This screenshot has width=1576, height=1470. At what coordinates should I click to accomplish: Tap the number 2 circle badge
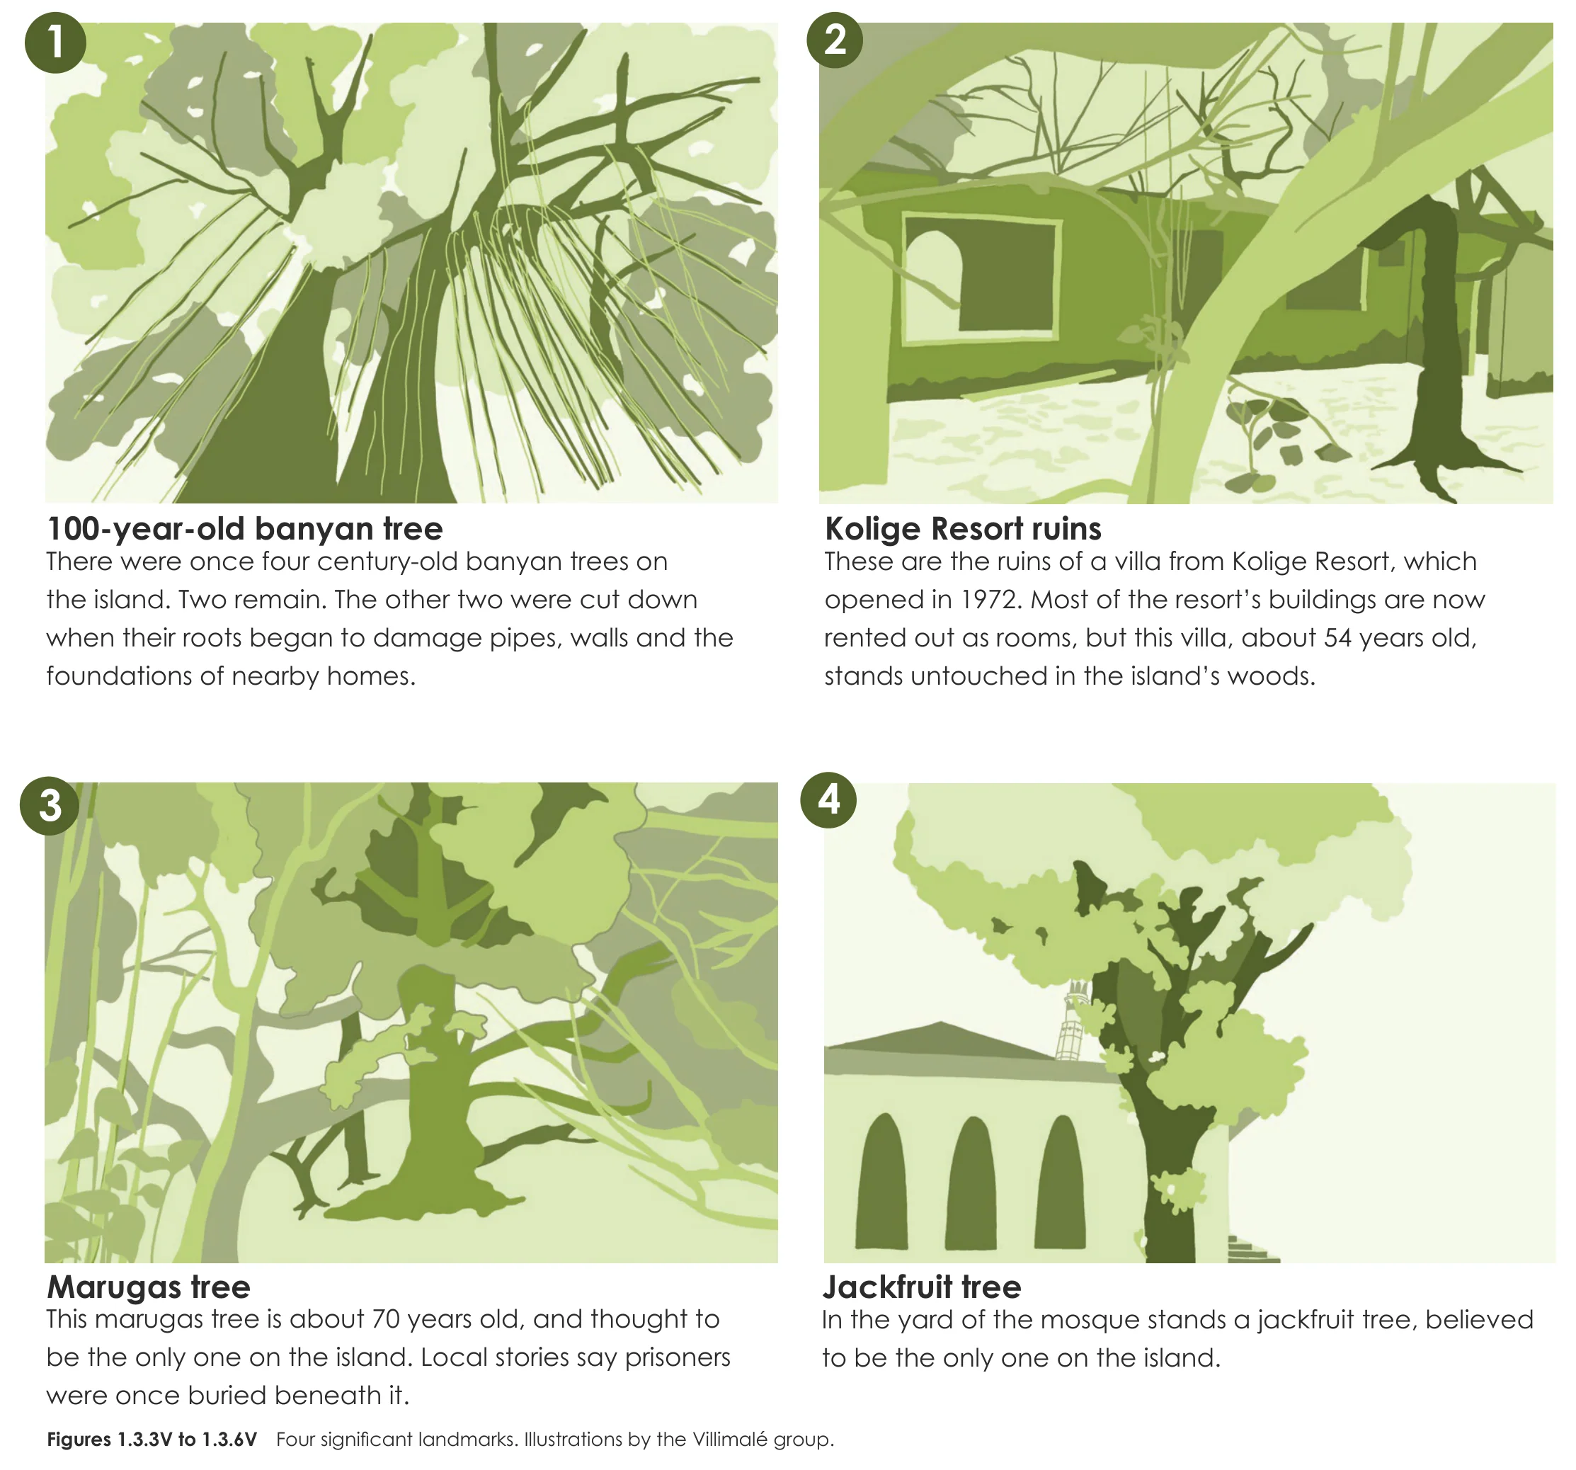point(835,40)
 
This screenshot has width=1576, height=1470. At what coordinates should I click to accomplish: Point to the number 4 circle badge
point(828,800)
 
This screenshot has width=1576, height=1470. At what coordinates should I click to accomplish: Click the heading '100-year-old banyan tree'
point(245,529)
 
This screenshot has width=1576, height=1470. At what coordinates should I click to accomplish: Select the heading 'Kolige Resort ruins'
point(963,529)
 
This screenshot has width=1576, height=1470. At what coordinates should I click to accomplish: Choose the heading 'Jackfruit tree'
point(922,1287)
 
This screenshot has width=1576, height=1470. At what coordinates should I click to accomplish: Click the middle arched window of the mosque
point(971,1183)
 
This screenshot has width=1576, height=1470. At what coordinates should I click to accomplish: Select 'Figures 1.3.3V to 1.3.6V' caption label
point(152,1439)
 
